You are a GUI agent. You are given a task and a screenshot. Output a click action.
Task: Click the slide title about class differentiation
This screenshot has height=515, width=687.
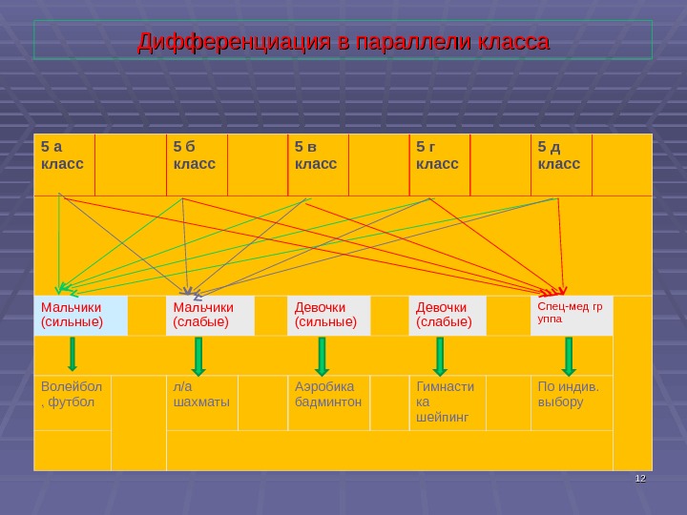pos(343,43)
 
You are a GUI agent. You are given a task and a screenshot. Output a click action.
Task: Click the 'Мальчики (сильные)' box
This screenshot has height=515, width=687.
pos(81,315)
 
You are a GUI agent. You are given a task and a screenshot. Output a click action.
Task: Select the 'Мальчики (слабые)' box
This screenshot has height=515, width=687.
pos(210,315)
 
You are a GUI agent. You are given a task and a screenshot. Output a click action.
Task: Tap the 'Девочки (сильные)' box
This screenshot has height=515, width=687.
pos(327,315)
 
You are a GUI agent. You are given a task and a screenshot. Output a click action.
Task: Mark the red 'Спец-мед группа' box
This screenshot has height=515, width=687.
pos(571,315)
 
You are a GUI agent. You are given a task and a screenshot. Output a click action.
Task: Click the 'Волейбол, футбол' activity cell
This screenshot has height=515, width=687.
pos(73,401)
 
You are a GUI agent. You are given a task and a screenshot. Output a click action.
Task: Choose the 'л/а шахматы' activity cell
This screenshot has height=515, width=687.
pos(201,401)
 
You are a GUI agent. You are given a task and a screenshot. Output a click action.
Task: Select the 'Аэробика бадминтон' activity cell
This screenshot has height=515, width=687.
pos(328,401)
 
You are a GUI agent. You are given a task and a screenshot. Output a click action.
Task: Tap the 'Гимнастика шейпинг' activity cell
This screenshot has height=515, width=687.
pos(448,402)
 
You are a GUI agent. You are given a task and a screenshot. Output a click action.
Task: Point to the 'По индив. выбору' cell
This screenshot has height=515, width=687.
pos(571,401)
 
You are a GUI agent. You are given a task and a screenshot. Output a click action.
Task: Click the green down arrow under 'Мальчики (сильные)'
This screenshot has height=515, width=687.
pos(73,355)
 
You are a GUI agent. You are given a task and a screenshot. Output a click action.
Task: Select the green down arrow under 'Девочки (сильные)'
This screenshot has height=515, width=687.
pos(322,356)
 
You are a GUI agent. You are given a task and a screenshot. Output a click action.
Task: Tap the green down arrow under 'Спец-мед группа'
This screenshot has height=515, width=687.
pos(569,356)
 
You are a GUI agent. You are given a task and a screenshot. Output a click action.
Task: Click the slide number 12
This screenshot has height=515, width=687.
pos(640,478)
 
